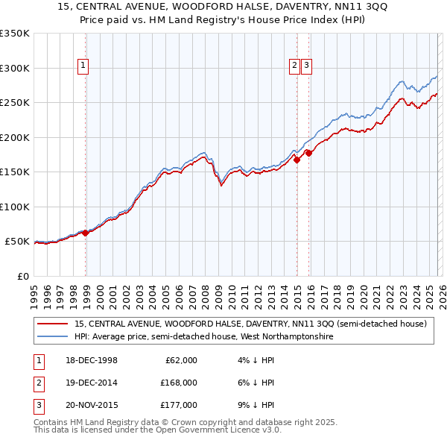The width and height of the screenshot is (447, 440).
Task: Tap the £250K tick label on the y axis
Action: (15, 102)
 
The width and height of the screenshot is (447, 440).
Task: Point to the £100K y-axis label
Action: (15, 207)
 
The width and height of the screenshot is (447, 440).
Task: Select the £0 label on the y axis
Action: (22, 276)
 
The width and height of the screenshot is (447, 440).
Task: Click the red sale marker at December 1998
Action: (86, 233)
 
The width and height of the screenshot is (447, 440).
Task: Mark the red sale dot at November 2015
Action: (308, 153)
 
